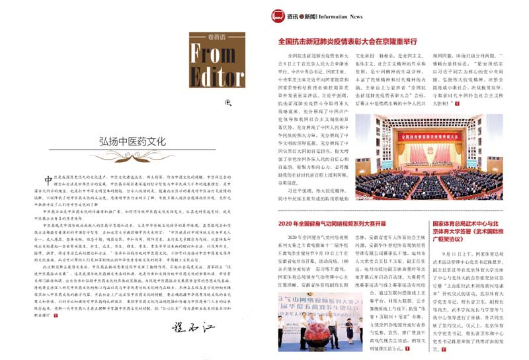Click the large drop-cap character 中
click(48, 181)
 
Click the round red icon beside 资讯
click(302, 16)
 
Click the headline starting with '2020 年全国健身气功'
click(333, 224)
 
